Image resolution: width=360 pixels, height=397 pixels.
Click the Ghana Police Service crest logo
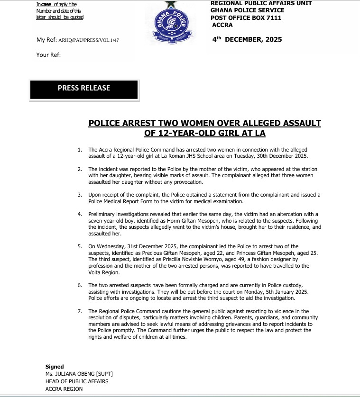(x=173, y=22)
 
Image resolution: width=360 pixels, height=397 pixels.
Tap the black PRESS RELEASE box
(x=84, y=89)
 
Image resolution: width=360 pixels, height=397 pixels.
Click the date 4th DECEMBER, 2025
(x=247, y=39)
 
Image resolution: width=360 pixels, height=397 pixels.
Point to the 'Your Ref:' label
(x=48, y=54)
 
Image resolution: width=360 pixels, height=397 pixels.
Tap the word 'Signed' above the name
(x=55, y=366)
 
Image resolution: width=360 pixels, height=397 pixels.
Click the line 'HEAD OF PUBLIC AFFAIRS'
(x=77, y=381)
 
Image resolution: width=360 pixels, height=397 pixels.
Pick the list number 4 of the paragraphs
(x=80, y=214)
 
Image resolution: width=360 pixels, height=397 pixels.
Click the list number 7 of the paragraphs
(x=80, y=311)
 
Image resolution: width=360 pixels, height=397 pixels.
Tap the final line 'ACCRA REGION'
(x=64, y=389)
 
